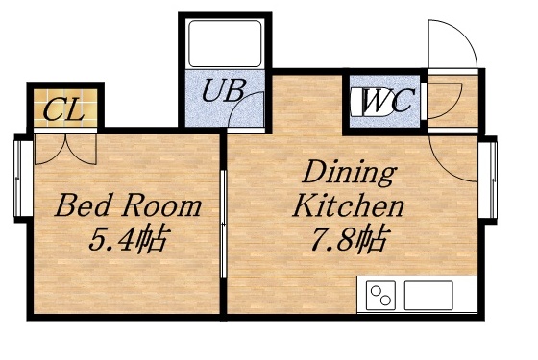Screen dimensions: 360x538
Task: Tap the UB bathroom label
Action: pos(225,92)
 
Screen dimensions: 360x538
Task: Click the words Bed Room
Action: pos(128,205)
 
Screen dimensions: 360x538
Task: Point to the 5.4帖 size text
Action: pos(128,238)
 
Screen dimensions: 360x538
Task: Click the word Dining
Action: pos(350,174)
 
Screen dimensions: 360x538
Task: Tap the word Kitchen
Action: pos(348,205)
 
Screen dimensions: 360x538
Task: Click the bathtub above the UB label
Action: pos(225,44)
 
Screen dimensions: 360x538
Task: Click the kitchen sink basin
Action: pos(428,295)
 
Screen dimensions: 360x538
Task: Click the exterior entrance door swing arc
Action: pos(450,43)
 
